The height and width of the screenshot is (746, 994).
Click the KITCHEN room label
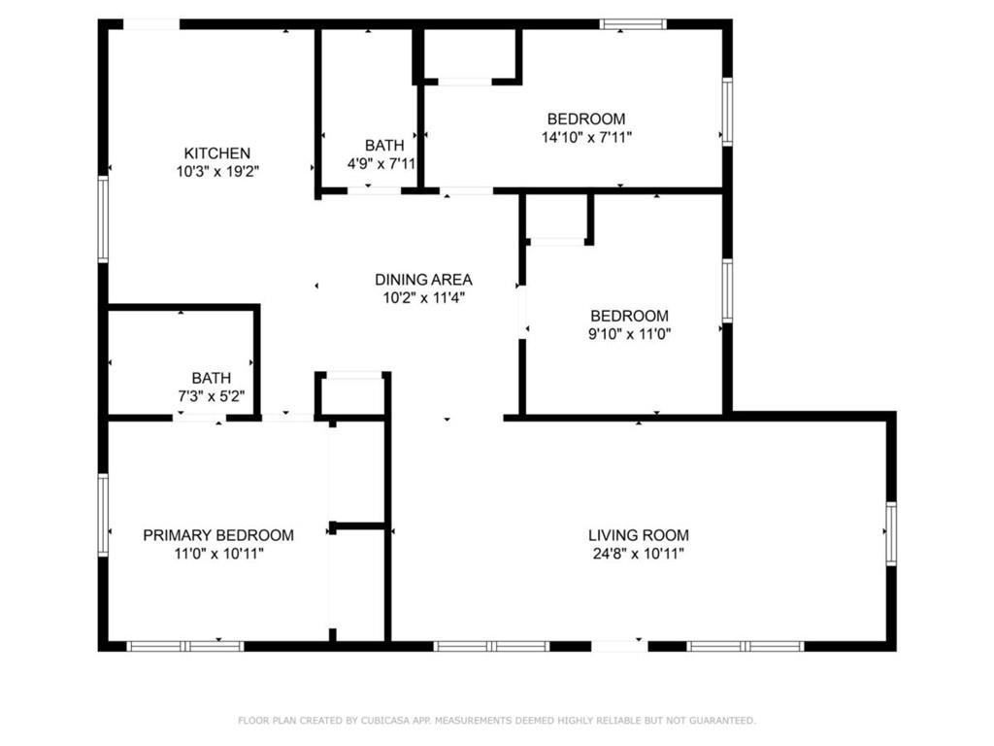(x=216, y=153)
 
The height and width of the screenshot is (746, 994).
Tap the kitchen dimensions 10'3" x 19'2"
(x=217, y=171)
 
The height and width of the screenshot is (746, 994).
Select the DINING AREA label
(x=423, y=279)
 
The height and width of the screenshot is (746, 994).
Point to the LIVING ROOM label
(x=639, y=535)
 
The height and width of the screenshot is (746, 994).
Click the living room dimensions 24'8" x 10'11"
(x=639, y=554)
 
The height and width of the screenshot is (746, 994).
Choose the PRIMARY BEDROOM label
(x=218, y=535)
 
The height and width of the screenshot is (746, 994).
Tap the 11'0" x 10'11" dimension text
(x=218, y=554)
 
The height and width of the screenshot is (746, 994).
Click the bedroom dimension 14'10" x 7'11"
(x=586, y=137)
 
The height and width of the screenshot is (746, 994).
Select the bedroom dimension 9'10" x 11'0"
(x=629, y=334)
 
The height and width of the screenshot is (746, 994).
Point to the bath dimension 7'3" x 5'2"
(x=211, y=396)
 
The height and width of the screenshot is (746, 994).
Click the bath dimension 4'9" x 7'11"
(x=381, y=163)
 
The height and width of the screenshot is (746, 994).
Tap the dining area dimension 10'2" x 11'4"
(x=423, y=297)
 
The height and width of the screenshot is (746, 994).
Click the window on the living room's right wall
(x=891, y=533)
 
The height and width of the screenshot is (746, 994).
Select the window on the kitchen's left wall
(x=103, y=219)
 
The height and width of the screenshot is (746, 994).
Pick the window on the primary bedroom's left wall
(x=103, y=515)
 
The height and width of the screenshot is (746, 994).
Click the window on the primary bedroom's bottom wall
(x=185, y=646)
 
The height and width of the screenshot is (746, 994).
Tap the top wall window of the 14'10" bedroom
(x=633, y=24)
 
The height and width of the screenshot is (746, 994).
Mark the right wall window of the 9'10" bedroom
(x=728, y=290)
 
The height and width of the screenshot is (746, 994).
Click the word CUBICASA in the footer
(x=384, y=721)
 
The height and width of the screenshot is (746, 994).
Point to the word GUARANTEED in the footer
(x=722, y=721)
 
